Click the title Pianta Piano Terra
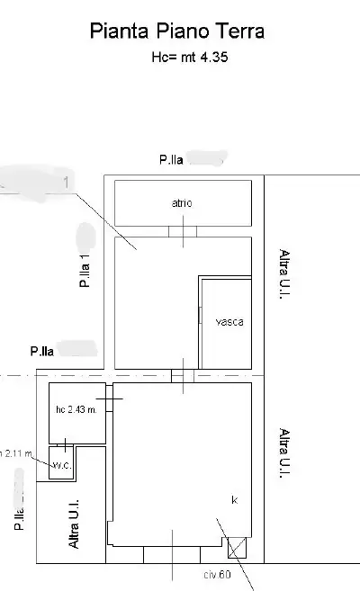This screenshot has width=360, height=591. [x=177, y=31]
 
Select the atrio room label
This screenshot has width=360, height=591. [x=183, y=203]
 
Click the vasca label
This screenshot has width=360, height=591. [x=229, y=321]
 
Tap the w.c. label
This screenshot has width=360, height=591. [x=61, y=466]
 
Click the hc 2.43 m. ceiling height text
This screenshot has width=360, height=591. [x=76, y=410]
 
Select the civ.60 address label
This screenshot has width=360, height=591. [x=217, y=573]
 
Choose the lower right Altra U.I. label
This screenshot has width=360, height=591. [x=283, y=454]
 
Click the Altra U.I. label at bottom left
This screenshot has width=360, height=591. [x=76, y=524]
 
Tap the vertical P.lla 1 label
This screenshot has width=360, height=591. [x=84, y=270]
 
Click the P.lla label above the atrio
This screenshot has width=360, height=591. [x=172, y=160]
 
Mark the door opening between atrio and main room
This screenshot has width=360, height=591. [x=183, y=231]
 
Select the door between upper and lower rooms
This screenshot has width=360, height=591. [x=183, y=375]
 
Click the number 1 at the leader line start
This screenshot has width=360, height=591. [x=66, y=183]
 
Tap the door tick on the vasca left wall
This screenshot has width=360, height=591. [x=200, y=314]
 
